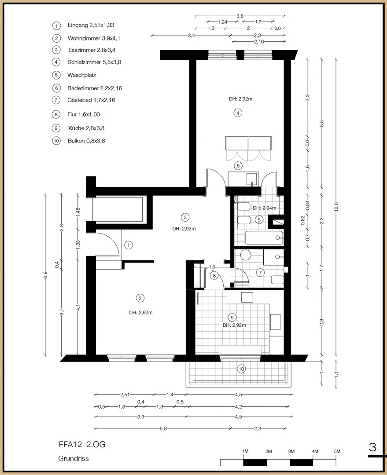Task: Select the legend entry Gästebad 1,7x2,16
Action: click(x=91, y=100)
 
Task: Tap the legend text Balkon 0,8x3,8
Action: click(x=86, y=141)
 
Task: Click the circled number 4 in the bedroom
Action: click(x=238, y=113)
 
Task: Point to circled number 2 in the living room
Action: click(x=140, y=299)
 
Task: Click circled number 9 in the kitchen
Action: click(x=232, y=317)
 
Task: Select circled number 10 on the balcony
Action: click(x=241, y=369)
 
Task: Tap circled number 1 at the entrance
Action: click(x=129, y=245)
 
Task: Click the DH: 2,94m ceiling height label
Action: click(x=264, y=208)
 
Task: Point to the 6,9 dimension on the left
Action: click(x=45, y=275)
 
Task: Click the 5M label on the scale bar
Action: click(x=337, y=452)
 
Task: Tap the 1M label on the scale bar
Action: click(x=246, y=452)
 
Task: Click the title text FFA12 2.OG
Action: click(x=81, y=444)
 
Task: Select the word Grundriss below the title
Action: click(x=74, y=458)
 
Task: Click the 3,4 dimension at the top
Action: click(x=191, y=35)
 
